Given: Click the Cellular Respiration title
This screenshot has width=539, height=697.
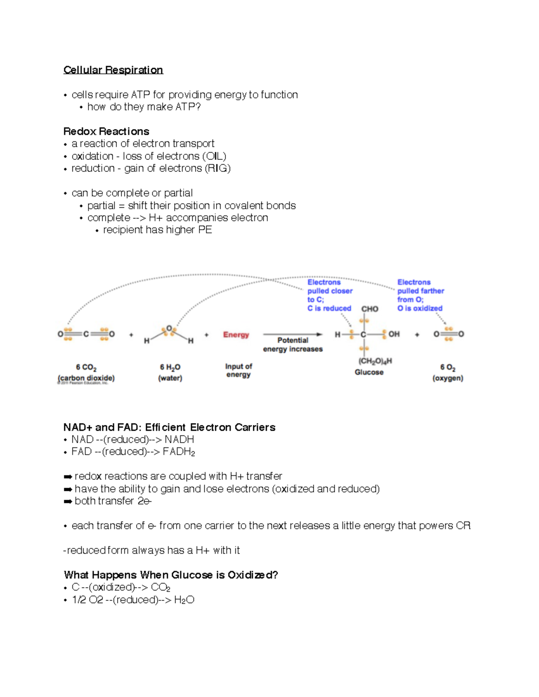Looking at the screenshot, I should point(113,70).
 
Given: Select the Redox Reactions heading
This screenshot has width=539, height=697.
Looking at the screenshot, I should point(106,132).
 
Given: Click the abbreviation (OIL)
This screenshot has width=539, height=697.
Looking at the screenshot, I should point(214,156).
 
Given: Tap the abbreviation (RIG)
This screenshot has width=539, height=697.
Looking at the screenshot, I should point(218,168).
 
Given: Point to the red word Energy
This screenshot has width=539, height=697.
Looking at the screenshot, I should point(236,335).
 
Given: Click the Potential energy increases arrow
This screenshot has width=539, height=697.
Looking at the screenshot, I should point(292,334).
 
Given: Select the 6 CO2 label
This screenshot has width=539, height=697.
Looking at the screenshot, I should point(86,368).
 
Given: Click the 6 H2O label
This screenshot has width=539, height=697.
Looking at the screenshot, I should point(170,368).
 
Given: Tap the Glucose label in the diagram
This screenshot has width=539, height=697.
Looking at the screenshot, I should point(369,372).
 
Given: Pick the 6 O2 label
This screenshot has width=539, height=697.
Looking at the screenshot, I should point(448,368).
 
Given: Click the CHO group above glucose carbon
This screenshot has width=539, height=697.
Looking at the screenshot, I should point(370,309).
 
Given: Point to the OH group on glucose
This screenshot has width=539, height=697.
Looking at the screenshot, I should point(394,334).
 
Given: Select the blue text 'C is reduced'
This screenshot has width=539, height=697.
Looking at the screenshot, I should point(329,308).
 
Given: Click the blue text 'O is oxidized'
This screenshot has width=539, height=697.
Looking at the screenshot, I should point(420,308).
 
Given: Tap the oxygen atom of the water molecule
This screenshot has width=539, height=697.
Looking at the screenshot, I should point(169,329).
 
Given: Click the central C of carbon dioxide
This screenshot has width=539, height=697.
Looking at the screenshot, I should point(86,334).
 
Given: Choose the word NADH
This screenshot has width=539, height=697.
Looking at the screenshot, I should point(179,439).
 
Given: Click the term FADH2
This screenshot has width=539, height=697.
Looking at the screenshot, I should point(179,452).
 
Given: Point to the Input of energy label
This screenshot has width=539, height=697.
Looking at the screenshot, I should point(239,370).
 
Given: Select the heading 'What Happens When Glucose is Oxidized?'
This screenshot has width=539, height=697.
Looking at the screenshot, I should point(171,575).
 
